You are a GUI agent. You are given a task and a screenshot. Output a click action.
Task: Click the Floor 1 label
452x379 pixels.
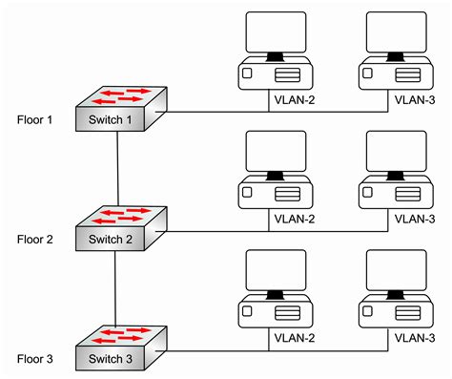pyautogui.click(x=35, y=120)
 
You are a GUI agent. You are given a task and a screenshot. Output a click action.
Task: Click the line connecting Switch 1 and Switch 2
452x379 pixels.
pyautogui.click(x=116, y=167)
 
